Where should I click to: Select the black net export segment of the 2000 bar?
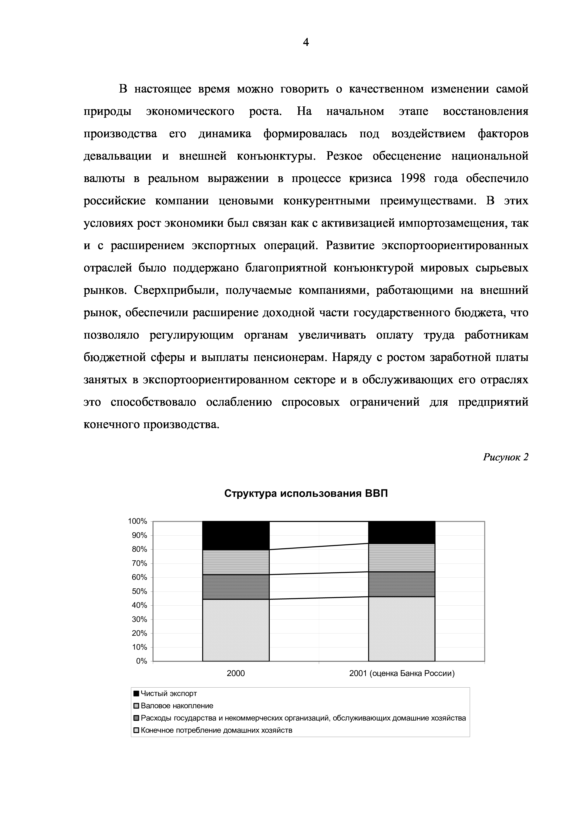click(236, 535)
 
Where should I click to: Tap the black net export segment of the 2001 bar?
click(402, 532)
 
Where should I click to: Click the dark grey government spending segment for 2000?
click(236, 587)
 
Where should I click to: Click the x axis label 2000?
click(236, 673)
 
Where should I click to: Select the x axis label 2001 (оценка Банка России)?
click(402, 673)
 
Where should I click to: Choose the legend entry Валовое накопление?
click(177, 706)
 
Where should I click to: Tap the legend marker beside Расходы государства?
click(136, 718)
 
